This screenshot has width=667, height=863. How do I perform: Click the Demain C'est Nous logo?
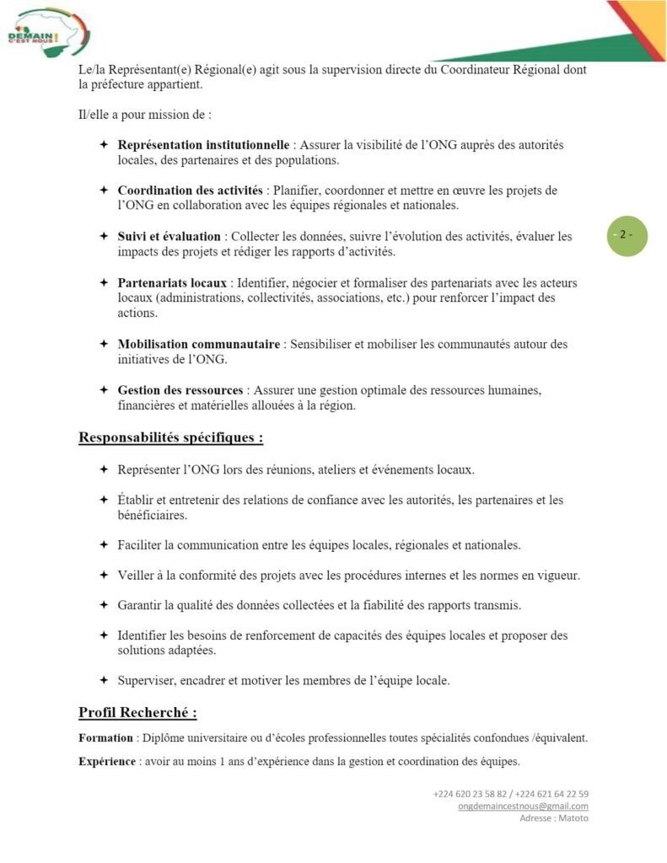pyautogui.click(x=47, y=32)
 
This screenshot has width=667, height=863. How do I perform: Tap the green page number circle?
pyautogui.click(x=627, y=235)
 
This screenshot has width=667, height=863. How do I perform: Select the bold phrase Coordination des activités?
pyautogui.click(x=190, y=190)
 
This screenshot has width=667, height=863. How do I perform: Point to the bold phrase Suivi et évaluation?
pyautogui.click(x=169, y=237)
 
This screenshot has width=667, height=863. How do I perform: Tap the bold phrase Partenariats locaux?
pyautogui.click(x=172, y=282)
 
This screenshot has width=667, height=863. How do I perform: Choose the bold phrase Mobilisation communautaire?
pyautogui.click(x=199, y=344)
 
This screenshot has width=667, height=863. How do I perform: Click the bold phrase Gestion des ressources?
pyautogui.click(x=180, y=390)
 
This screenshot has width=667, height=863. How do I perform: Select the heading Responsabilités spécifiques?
pyautogui.click(x=170, y=437)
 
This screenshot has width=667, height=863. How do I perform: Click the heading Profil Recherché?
pyautogui.click(x=137, y=713)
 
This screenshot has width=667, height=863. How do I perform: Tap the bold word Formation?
pyautogui.click(x=105, y=738)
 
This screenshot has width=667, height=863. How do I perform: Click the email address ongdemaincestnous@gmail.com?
pyautogui.click(x=523, y=806)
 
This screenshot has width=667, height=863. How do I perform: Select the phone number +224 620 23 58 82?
pyautogui.click(x=471, y=794)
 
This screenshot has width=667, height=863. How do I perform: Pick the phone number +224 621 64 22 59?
pyautogui.click(x=551, y=794)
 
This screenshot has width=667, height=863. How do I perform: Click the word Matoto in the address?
pyautogui.click(x=573, y=818)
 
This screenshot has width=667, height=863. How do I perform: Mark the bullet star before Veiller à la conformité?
pyautogui.click(x=103, y=575)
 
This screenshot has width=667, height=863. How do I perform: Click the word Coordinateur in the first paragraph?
pyautogui.click(x=472, y=70)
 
